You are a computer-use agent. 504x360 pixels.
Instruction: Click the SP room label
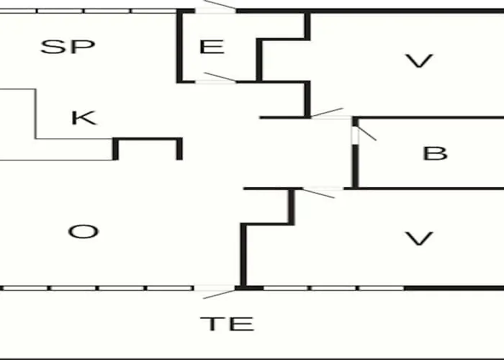68,47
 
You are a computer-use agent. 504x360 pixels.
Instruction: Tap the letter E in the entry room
212,47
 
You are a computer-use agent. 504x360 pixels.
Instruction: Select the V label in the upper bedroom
419,60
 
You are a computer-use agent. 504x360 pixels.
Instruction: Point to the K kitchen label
84,117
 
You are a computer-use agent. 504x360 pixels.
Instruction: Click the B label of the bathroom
435,153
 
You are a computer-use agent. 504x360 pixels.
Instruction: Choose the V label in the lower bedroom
419,238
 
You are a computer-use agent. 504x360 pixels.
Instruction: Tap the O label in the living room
84,231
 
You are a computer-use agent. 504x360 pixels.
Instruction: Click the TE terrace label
227,324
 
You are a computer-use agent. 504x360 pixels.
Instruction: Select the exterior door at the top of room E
216,8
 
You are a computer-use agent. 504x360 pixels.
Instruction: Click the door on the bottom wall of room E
216,78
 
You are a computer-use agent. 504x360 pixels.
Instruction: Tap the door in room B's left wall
362,135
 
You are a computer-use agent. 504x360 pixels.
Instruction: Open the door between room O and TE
215,292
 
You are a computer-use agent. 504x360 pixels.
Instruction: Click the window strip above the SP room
89,12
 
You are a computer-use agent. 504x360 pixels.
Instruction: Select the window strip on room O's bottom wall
97,288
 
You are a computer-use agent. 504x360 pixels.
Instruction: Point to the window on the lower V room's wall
333,288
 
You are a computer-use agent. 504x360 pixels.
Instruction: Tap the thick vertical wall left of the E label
180,47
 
